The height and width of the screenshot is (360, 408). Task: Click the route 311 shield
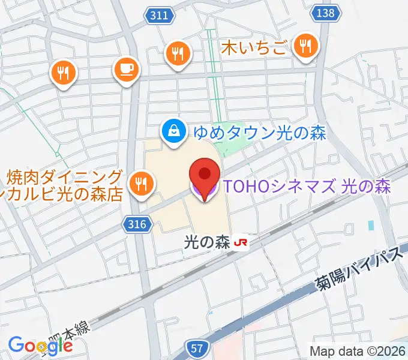coord(160,16)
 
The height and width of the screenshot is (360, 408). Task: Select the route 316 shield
coord(137,224)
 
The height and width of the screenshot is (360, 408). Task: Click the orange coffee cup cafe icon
coord(126,69)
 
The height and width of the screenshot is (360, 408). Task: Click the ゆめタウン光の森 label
coord(259,133)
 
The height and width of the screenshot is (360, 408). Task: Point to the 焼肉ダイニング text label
coord(65,178)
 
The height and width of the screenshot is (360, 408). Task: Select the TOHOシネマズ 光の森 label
coord(307,187)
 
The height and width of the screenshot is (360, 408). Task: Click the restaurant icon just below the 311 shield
coord(178,53)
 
